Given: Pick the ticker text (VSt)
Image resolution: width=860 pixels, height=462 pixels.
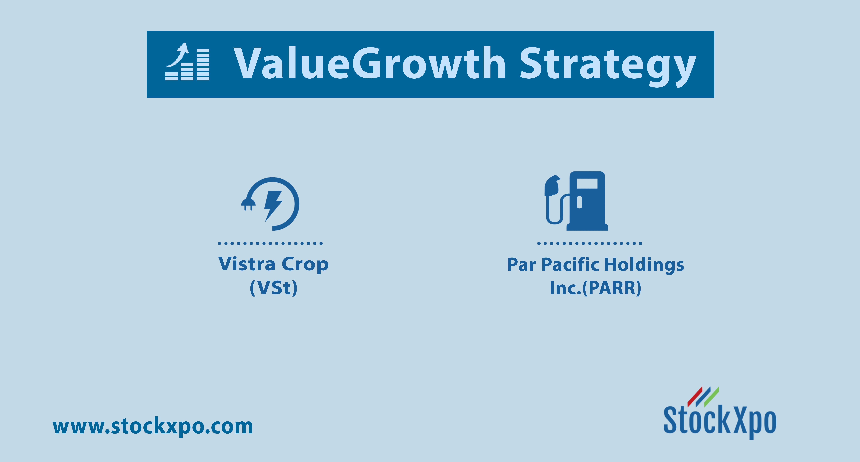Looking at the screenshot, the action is (x=273, y=287).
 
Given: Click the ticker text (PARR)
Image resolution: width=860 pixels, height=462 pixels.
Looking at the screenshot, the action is (x=612, y=288).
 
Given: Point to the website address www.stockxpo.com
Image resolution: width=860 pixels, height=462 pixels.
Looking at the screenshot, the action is (x=153, y=427).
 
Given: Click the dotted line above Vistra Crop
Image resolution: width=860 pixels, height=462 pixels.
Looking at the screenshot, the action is (x=270, y=243).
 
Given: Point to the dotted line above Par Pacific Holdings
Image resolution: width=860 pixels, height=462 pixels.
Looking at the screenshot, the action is (x=590, y=243).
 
